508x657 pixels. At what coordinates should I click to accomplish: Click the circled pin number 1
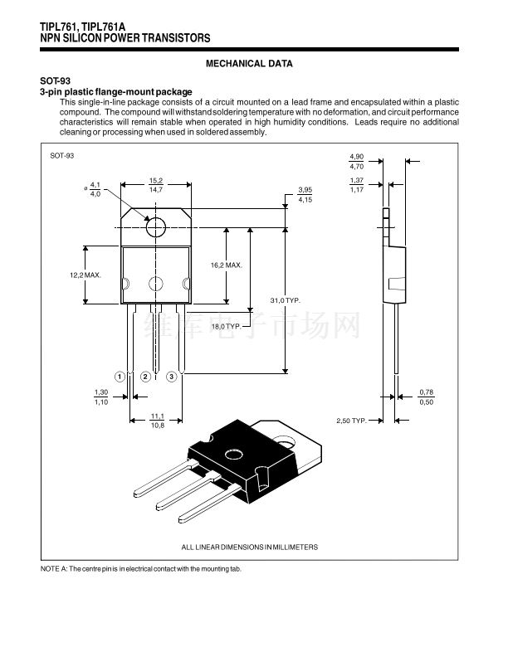(120, 377)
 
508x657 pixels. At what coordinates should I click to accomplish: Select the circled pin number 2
(145, 377)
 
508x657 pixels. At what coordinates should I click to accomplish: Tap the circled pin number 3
(172, 377)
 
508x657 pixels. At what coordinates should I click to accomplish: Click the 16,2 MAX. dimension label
(227, 265)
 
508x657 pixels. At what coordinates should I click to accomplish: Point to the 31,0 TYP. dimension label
(286, 300)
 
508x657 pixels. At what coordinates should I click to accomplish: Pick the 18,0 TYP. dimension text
(227, 326)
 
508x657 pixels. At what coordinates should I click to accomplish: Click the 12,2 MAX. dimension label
(85, 275)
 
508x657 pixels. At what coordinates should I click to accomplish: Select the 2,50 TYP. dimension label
(351, 421)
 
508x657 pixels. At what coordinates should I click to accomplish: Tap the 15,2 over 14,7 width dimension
(156, 185)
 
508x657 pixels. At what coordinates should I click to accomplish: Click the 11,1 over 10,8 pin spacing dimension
(158, 421)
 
